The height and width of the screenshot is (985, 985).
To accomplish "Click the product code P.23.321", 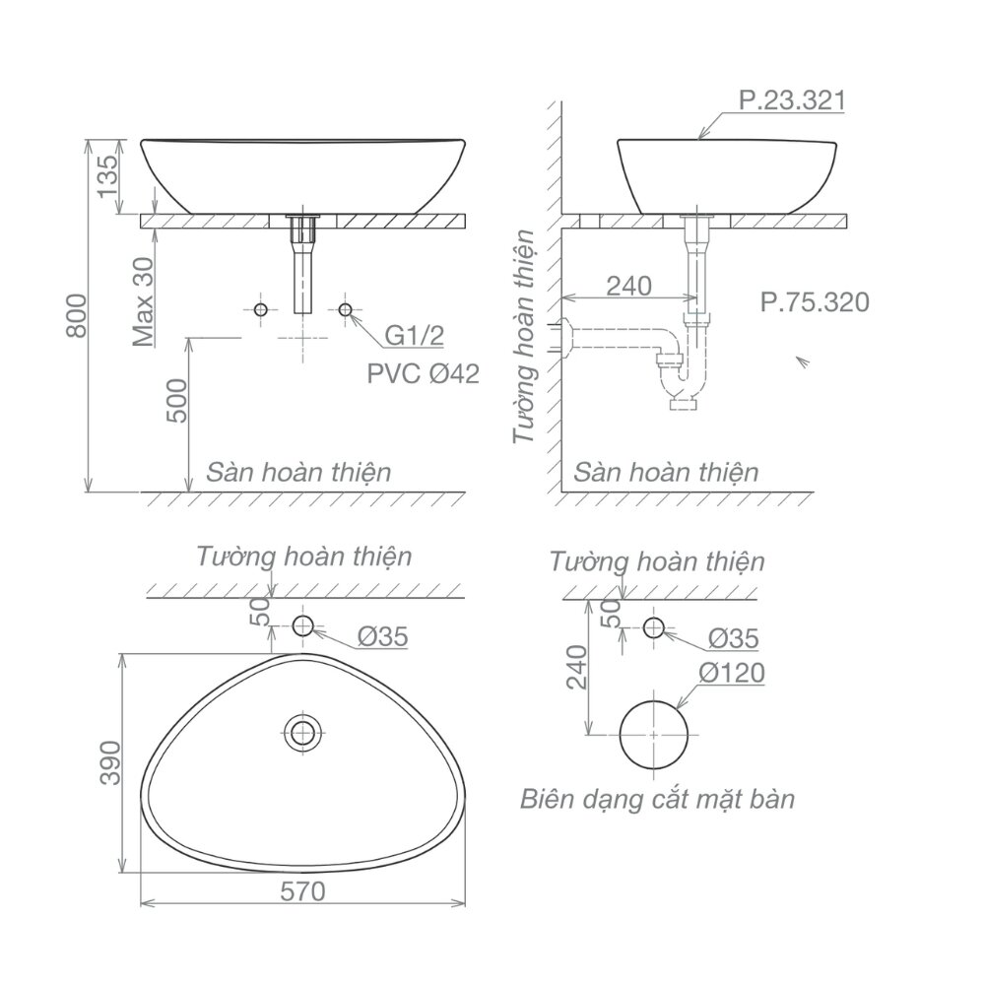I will [x=791, y=100].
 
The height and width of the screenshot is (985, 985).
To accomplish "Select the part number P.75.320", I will [x=814, y=301].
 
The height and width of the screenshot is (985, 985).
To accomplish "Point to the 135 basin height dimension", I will [x=109, y=177].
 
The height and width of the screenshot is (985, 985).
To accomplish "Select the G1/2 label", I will [x=414, y=336].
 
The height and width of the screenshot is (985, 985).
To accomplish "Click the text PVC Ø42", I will [x=423, y=373].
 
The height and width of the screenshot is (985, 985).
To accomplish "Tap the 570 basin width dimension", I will [x=302, y=892].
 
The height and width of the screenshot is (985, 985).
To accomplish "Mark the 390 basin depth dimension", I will [x=110, y=762].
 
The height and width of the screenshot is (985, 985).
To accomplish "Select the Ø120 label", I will [x=731, y=674].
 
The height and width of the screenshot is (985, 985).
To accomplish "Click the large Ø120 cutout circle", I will [x=654, y=735].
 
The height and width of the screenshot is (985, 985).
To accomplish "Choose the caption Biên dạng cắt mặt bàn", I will [x=657, y=799].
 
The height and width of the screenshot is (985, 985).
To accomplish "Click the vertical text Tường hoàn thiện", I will [x=526, y=336].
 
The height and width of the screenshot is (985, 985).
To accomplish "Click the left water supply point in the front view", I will [x=260, y=310].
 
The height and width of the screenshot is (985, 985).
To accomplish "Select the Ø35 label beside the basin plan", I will [x=381, y=637].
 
